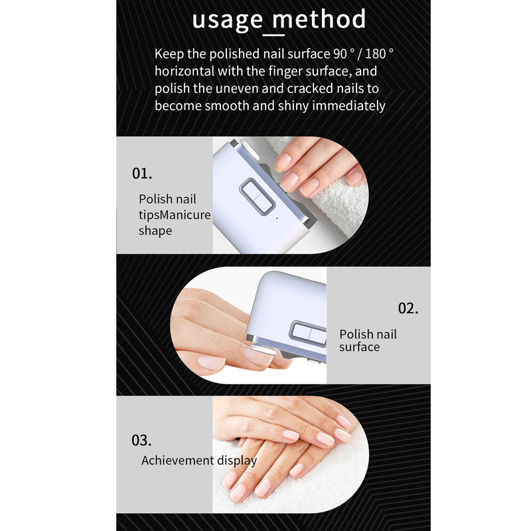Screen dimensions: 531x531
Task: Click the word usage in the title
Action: point(227,21)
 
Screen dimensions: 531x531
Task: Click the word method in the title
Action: point(319,19)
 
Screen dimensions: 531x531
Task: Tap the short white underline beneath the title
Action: point(274,35)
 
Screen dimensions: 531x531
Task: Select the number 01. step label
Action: point(142,173)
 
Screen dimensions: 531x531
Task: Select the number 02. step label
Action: point(408,308)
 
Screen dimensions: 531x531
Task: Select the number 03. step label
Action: point(141,440)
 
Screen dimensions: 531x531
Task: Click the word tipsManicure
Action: point(175,215)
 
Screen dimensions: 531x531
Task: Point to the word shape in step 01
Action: point(155,231)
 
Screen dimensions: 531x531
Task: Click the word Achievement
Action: point(177,460)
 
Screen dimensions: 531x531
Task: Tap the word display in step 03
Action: point(237,461)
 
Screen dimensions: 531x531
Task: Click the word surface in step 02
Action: point(359,347)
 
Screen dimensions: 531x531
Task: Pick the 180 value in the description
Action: point(375,54)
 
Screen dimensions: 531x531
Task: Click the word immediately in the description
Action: point(348,106)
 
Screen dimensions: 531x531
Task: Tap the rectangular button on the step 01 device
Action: point(257,196)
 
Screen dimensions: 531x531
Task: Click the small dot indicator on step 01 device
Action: point(277,218)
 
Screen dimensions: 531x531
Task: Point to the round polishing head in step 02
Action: point(263,350)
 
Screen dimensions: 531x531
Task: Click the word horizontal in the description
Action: point(185,71)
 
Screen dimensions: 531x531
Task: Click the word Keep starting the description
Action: point(169,54)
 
